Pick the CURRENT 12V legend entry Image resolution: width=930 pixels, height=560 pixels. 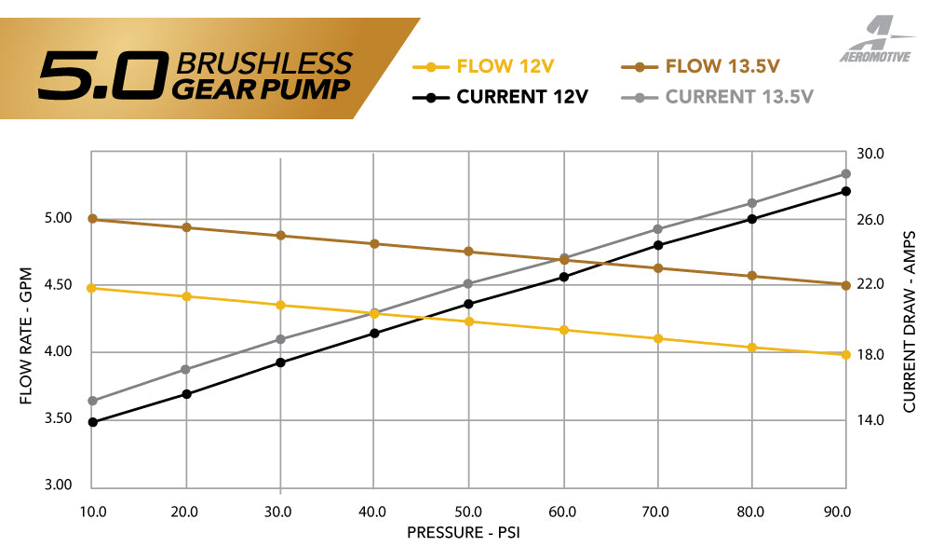click(x=507, y=97)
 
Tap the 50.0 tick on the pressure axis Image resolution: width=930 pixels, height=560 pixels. click(x=467, y=512)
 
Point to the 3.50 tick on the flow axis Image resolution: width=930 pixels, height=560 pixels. click(x=59, y=418)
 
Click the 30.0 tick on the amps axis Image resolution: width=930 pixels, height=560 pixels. click(x=870, y=153)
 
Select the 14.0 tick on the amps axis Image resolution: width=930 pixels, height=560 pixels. click(x=870, y=420)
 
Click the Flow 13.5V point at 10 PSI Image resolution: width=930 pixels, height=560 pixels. click(x=92, y=219)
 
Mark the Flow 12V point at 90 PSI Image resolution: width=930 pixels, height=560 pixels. click(x=845, y=354)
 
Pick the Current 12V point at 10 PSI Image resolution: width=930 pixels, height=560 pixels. click(x=92, y=422)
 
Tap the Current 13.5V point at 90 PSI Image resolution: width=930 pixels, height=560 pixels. click(x=845, y=174)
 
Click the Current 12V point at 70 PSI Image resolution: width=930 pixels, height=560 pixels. click(x=658, y=245)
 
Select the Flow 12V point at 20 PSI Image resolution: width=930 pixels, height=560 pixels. click(x=186, y=296)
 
